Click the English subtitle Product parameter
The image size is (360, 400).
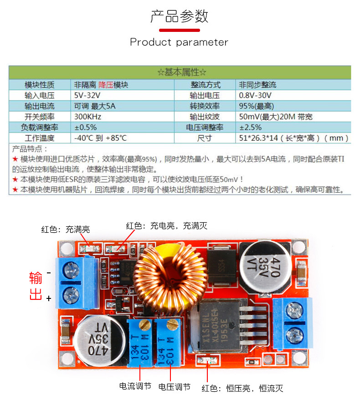point(179,42)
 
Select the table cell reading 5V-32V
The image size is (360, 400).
point(87,95)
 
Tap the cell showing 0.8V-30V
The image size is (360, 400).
point(255,95)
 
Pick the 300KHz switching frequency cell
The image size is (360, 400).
point(88,117)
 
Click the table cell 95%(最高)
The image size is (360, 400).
point(256,106)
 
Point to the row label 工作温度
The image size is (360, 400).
point(40,138)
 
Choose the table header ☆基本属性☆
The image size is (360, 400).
point(182,72)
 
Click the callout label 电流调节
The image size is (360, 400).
point(135,386)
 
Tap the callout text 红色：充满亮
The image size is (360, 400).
point(65,229)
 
